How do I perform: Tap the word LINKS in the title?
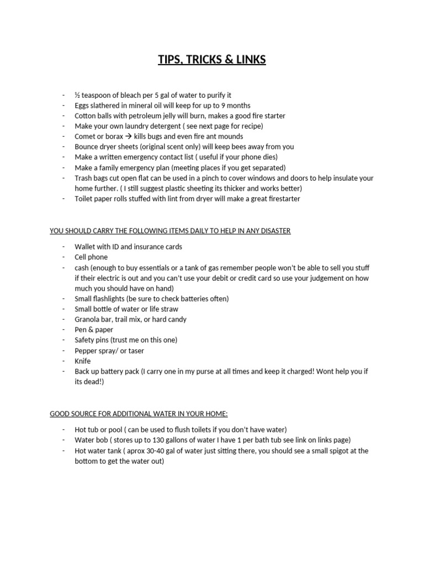click(249, 60)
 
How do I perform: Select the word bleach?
click(131, 95)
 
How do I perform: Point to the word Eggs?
click(83, 106)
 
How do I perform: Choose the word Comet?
click(86, 137)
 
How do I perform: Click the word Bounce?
click(87, 147)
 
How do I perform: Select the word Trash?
click(84, 178)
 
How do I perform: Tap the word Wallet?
click(86, 247)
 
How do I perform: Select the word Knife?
click(83, 361)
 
